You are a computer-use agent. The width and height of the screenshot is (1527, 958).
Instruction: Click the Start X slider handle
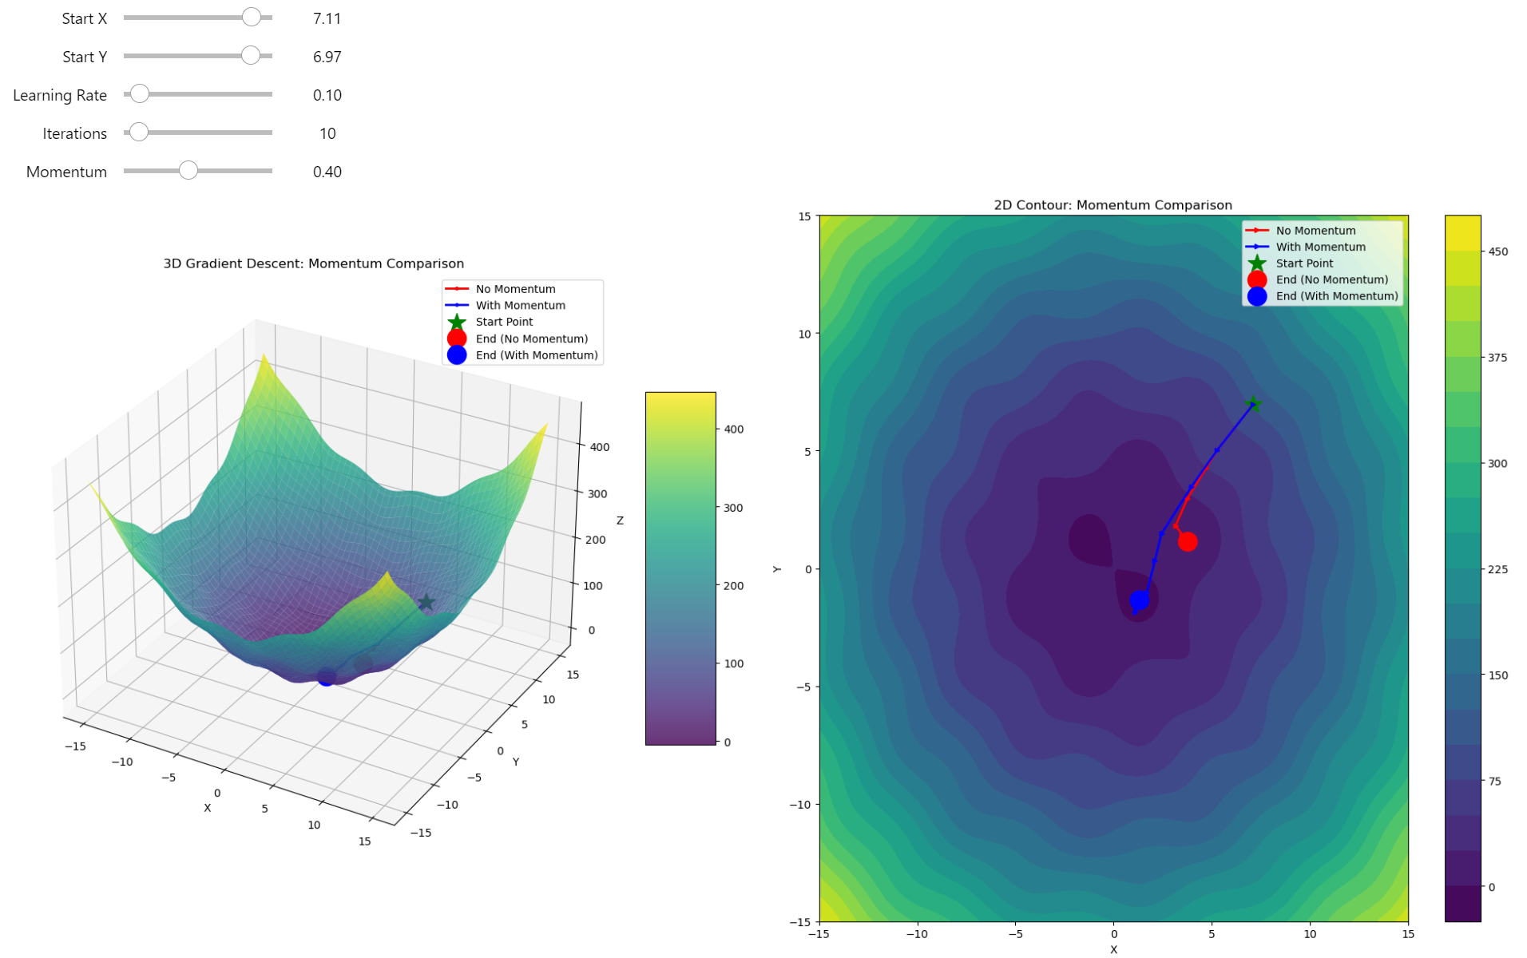pyautogui.click(x=252, y=17)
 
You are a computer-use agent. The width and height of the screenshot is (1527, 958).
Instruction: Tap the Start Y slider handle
pyautogui.click(x=251, y=55)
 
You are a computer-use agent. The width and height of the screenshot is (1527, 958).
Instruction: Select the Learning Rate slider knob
pyautogui.click(x=140, y=94)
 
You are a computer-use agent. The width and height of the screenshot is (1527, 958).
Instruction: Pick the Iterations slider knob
pyautogui.click(x=139, y=132)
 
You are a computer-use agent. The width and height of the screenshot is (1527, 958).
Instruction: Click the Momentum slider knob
pyautogui.click(x=188, y=170)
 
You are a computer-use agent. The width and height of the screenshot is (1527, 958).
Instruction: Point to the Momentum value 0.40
pyautogui.click(x=327, y=172)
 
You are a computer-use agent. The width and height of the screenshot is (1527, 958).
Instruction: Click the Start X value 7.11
pyautogui.click(x=327, y=18)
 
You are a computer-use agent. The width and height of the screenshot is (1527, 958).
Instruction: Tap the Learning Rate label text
pyautogui.click(x=60, y=95)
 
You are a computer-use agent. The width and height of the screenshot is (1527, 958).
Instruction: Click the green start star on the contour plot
pyautogui.click(x=1253, y=404)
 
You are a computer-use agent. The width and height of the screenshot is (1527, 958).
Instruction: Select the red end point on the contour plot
pyautogui.click(x=1188, y=542)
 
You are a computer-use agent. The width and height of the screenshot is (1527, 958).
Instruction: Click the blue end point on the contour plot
pyautogui.click(x=1140, y=600)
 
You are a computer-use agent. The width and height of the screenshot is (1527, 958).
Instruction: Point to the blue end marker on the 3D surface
pyautogui.click(x=326, y=678)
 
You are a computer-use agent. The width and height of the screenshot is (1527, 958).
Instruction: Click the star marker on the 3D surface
pyautogui.click(x=426, y=602)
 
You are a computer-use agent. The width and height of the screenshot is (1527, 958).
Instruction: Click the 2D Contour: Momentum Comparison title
pyautogui.click(x=1113, y=205)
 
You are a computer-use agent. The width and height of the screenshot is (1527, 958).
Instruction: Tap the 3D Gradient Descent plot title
pyautogui.click(x=313, y=263)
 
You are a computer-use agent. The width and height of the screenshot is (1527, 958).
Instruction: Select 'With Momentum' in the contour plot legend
pyautogui.click(x=1320, y=247)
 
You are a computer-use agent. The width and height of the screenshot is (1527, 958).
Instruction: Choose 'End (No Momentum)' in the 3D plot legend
pyautogui.click(x=531, y=338)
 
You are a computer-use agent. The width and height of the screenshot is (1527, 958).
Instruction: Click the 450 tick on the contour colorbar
pyautogui.click(x=1497, y=251)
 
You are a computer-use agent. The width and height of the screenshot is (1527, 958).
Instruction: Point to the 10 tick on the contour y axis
pyautogui.click(x=804, y=334)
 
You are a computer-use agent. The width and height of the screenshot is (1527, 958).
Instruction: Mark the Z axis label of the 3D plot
pyautogui.click(x=620, y=521)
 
